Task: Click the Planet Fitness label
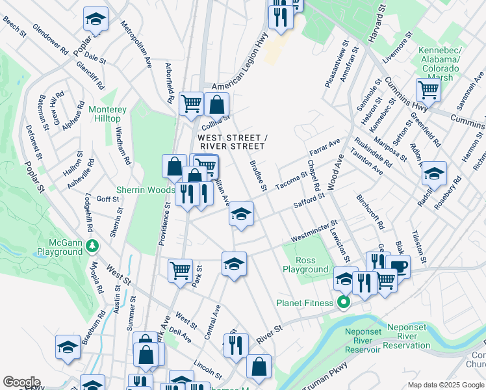coord(305,303)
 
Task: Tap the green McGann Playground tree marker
coord(93,245)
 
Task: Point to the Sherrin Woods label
coord(146,190)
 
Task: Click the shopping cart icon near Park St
coord(180,270)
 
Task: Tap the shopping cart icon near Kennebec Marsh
coord(428,89)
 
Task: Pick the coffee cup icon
coord(398,266)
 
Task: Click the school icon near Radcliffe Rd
coord(434,173)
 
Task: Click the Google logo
coord(21,382)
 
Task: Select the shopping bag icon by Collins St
coord(216,103)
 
